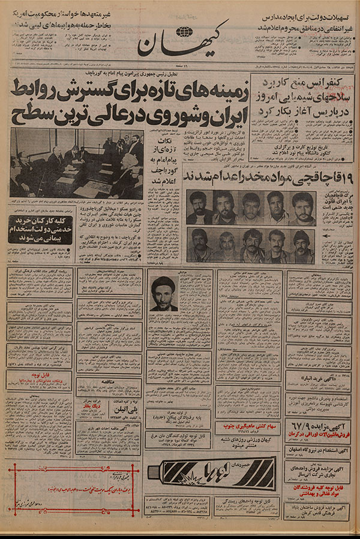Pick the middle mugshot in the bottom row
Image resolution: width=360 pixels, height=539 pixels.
pyautogui.click(x=251, y=245)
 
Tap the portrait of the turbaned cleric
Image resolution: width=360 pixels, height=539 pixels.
pyautogui.click(x=163, y=294)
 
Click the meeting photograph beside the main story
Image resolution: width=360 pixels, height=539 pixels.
pyautogui.click(x=76, y=163)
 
